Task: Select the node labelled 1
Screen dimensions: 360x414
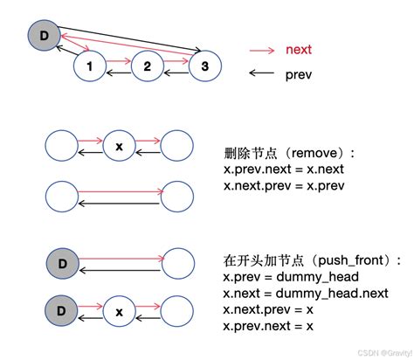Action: [x=90, y=66]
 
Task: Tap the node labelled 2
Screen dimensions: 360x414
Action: [x=147, y=66]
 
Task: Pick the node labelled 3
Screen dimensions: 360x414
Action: [x=204, y=66]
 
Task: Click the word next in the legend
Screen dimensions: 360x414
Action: [x=299, y=50]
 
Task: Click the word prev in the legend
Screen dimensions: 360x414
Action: [x=299, y=75]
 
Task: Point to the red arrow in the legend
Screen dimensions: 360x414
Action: [x=263, y=50]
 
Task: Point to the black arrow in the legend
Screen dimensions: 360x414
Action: [x=263, y=75]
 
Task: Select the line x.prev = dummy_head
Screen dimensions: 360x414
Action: [x=284, y=277]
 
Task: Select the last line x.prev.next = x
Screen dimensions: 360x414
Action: [x=268, y=326]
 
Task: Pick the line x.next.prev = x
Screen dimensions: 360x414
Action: [x=268, y=310]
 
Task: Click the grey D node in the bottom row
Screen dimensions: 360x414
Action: [x=62, y=310]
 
